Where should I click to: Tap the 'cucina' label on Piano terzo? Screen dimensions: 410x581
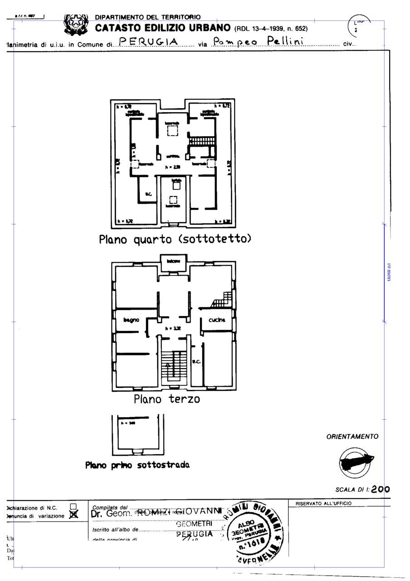217,320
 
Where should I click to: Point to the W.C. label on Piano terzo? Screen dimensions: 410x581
196,362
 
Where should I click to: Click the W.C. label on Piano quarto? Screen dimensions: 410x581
148,195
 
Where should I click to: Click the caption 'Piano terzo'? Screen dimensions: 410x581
166,399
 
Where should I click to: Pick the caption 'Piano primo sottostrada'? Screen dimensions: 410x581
137,465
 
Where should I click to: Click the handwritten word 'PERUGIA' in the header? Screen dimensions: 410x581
148,42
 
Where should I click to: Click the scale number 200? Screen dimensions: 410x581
380,489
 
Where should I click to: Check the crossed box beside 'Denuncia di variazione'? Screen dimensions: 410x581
73,515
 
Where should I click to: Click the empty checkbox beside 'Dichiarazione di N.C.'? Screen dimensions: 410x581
73,507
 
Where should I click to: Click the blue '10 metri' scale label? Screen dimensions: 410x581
389,272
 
